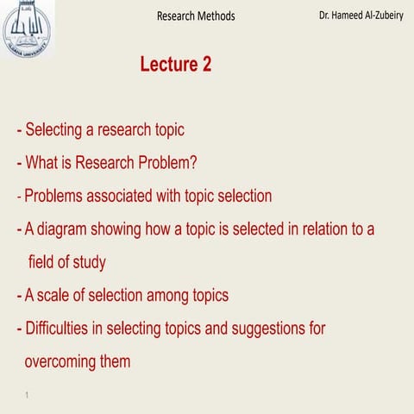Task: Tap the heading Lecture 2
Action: coord(175,65)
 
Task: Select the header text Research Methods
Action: coord(196,16)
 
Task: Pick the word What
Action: coord(44,163)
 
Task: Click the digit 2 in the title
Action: coord(205,65)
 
